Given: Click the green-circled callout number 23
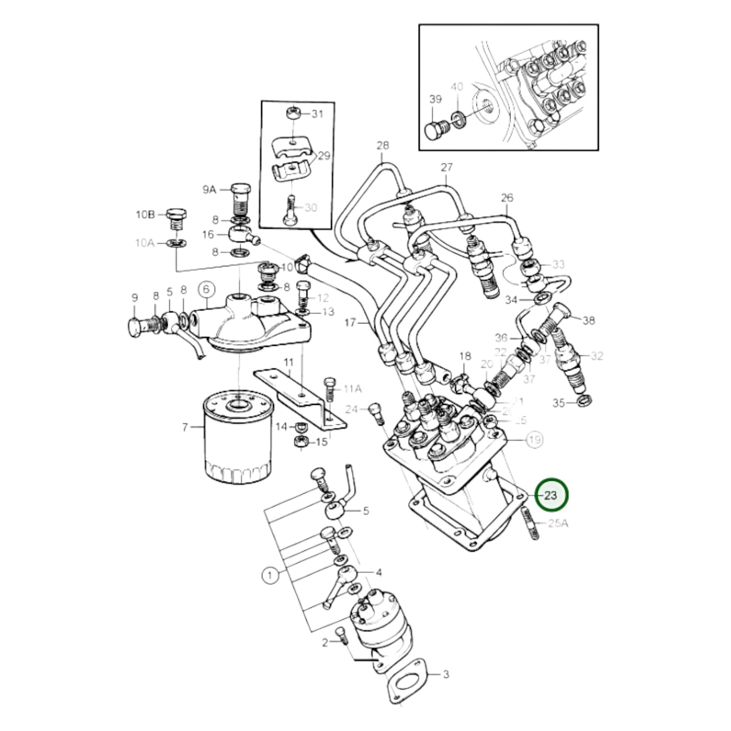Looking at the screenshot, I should click(x=552, y=495).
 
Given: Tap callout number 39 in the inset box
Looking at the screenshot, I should click(x=435, y=100).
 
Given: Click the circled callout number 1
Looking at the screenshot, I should click(x=270, y=586).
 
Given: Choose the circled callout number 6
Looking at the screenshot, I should click(x=207, y=290).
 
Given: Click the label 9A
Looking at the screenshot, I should click(x=209, y=190).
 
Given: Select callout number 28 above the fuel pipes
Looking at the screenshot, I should click(x=382, y=146).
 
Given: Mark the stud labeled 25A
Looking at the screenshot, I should click(x=531, y=524).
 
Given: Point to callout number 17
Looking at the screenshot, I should click(x=350, y=322).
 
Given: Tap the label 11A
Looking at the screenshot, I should click(x=353, y=388).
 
